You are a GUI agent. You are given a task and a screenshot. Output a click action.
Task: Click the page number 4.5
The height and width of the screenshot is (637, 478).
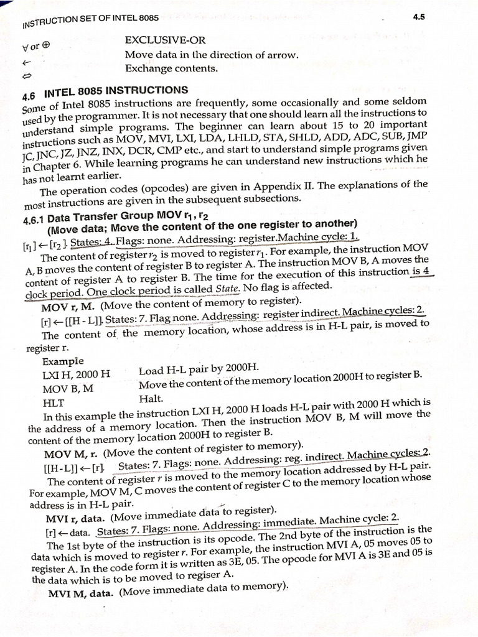(x=418, y=17)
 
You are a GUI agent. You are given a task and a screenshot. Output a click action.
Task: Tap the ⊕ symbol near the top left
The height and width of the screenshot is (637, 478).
(x=46, y=45)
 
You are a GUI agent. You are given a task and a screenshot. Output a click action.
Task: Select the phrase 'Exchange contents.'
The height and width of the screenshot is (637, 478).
(x=171, y=68)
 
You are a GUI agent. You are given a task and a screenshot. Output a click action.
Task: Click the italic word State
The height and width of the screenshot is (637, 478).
(x=227, y=288)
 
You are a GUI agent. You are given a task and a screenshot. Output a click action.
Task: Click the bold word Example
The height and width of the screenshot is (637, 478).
(x=62, y=361)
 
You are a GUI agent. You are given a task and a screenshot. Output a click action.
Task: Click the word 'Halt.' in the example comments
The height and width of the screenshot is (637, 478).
(x=151, y=398)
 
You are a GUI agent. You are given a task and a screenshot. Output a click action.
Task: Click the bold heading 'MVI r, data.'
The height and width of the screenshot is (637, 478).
(x=77, y=518)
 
